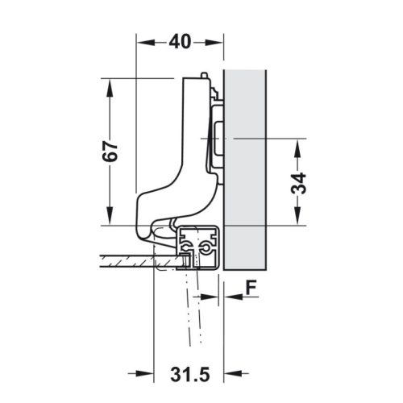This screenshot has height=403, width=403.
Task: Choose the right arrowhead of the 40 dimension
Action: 218,42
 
